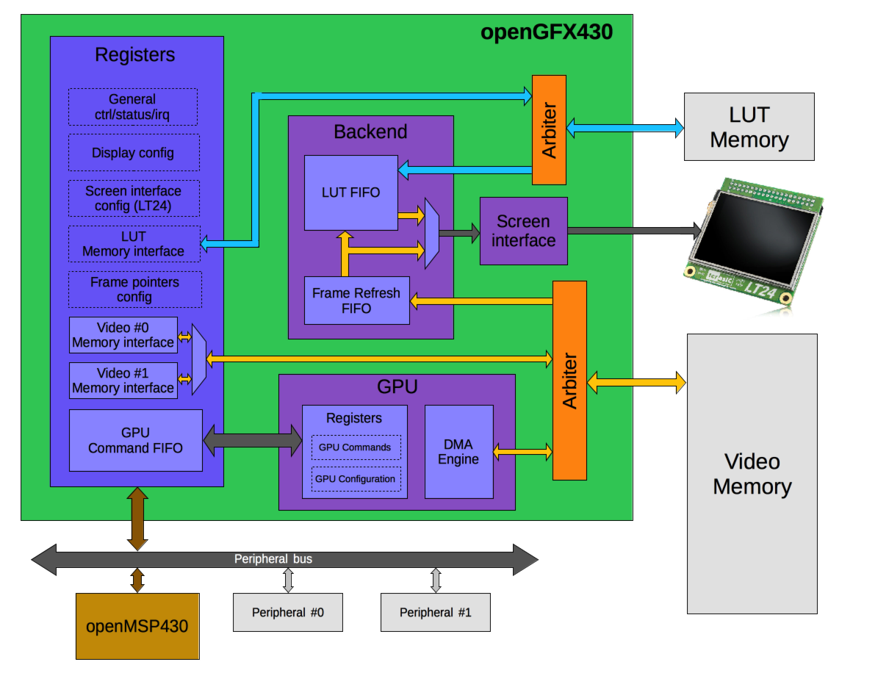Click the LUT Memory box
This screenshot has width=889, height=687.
tap(749, 126)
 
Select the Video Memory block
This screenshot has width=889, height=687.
tap(752, 474)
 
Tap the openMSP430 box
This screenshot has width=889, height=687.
tap(137, 626)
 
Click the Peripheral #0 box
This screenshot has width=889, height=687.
tap(288, 612)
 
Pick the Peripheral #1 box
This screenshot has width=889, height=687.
tap(435, 612)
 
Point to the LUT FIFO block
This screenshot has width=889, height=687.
tap(350, 193)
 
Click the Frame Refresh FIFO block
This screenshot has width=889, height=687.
tap(356, 301)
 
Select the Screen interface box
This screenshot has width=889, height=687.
tap(523, 231)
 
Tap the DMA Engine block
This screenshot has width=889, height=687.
tap(458, 452)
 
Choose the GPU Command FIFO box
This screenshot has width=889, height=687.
tap(135, 440)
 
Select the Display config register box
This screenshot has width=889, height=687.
tap(133, 153)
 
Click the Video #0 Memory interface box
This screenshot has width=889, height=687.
tap(123, 335)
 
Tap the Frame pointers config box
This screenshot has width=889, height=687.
tap(134, 289)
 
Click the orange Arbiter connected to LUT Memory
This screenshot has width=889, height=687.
tap(549, 130)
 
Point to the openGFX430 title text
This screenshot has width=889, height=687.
tap(546, 32)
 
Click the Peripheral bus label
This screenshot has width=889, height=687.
tap(273, 559)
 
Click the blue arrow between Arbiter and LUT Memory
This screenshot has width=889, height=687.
tap(625, 128)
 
